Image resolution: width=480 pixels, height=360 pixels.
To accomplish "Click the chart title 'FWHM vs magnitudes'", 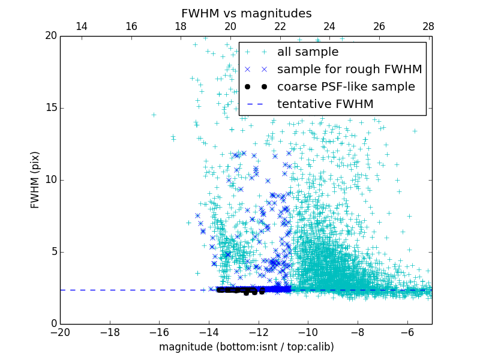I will [246, 13].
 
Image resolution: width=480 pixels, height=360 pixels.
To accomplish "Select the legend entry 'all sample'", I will [307, 52].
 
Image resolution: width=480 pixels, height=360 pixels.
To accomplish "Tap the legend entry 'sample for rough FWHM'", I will [349, 70].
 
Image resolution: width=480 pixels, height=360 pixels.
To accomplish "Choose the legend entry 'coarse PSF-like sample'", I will [346, 87].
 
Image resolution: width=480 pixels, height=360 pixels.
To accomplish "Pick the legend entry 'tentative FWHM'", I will [325, 104].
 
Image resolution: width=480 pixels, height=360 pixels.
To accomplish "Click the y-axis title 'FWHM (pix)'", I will [35, 179].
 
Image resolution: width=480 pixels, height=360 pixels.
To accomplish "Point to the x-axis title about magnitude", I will [246, 347].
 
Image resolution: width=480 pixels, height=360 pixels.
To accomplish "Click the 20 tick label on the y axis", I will [50, 36].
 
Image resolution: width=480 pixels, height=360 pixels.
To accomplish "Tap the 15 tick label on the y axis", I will [50, 108].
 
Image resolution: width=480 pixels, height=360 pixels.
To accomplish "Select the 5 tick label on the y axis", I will [53, 252].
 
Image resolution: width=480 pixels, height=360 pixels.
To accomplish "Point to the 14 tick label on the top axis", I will [82, 26].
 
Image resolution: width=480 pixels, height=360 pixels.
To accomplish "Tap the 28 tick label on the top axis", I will [428, 26].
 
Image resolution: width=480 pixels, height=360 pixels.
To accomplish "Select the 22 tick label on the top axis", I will [280, 26].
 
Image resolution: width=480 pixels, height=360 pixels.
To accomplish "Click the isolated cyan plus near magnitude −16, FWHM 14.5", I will [154, 115].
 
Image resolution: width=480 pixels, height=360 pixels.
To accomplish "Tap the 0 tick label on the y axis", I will [53, 324].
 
